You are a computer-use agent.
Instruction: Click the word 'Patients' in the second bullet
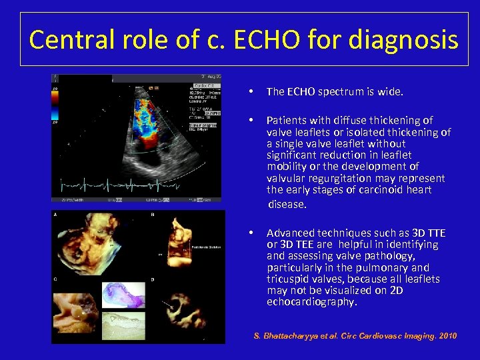click(x=287, y=121)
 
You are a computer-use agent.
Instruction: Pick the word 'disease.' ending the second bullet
click(x=287, y=204)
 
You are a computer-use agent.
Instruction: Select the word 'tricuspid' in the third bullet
click(x=289, y=279)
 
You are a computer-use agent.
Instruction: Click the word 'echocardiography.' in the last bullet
click(x=312, y=302)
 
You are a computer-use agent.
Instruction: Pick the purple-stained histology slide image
click(x=123, y=294)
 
